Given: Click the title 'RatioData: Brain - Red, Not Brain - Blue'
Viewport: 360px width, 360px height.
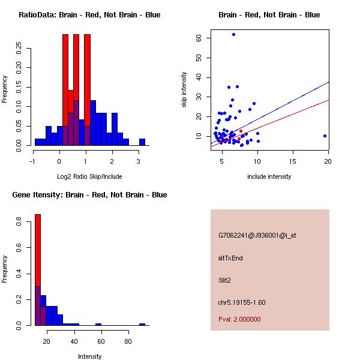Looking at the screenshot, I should point(89,15).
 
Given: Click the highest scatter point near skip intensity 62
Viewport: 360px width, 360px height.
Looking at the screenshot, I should point(233,35).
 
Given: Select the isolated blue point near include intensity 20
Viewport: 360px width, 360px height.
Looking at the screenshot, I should point(325,136).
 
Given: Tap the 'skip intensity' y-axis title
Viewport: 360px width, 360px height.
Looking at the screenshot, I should point(184,90).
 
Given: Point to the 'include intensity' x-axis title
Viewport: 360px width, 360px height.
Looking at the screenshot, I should point(269,176).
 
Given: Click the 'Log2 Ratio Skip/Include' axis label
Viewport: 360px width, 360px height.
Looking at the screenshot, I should point(89,176).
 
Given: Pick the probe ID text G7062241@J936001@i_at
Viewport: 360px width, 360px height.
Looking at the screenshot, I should point(257,235).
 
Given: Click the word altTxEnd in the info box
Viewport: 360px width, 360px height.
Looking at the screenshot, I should point(230,258).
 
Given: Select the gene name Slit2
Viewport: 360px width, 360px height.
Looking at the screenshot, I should point(226,280).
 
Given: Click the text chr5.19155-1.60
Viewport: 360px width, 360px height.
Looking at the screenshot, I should point(241,302).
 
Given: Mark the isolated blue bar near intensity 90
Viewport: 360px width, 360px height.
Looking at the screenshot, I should point(142,324).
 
